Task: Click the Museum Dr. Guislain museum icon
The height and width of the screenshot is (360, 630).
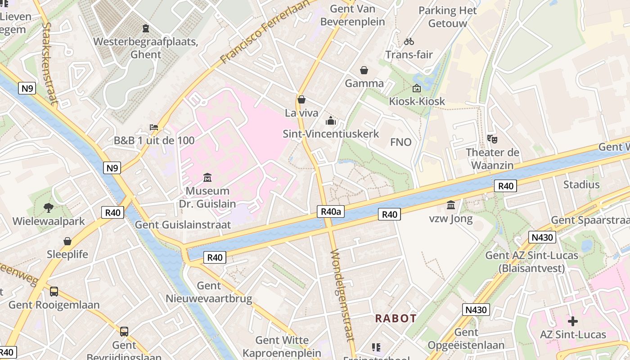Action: [x=207, y=177]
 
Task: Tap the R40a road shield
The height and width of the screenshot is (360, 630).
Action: [x=330, y=211]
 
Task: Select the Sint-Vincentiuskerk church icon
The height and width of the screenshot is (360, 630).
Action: [x=331, y=121]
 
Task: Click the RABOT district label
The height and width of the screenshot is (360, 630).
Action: [x=396, y=319]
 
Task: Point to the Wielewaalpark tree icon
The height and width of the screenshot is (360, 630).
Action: [x=48, y=207]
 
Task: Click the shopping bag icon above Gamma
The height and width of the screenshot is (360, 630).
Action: [x=364, y=70]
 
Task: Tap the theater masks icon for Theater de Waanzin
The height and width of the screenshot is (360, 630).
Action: [x=492, y=139]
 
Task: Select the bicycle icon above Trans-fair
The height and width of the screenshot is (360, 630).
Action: [x=409, y=41]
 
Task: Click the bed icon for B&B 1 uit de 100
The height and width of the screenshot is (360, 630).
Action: [x=154, y=127]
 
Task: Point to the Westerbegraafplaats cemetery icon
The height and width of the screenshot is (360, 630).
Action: [x=145, y=28]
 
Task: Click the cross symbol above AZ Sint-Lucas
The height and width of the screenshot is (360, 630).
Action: [x=572, y=321]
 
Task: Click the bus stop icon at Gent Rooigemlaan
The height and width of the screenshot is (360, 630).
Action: [x=54, y=292]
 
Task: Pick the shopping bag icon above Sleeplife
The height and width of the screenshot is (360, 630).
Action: [x=67, y=241]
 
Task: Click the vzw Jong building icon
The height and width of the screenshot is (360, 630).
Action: [x=450, y=206]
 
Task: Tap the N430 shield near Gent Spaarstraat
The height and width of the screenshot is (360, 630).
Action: [x=542, y=237]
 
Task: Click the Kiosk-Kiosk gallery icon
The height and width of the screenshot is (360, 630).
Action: [x=416, y=88]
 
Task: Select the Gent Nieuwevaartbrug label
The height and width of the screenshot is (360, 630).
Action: [x=209, y=292]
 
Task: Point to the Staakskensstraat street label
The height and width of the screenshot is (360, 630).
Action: [x=49, y=63]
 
